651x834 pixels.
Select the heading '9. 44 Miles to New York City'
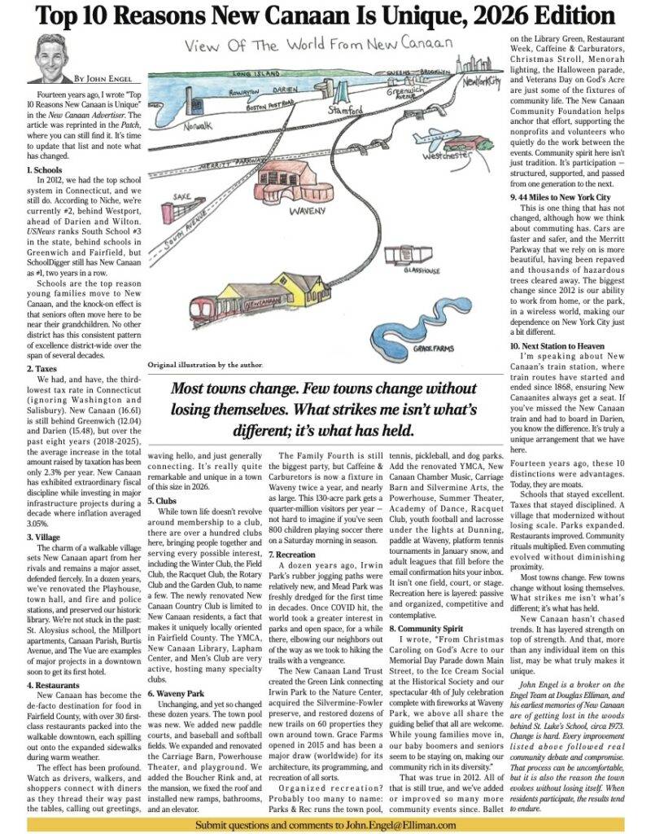pos(559,197)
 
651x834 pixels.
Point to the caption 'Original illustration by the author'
pos(207,367)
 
